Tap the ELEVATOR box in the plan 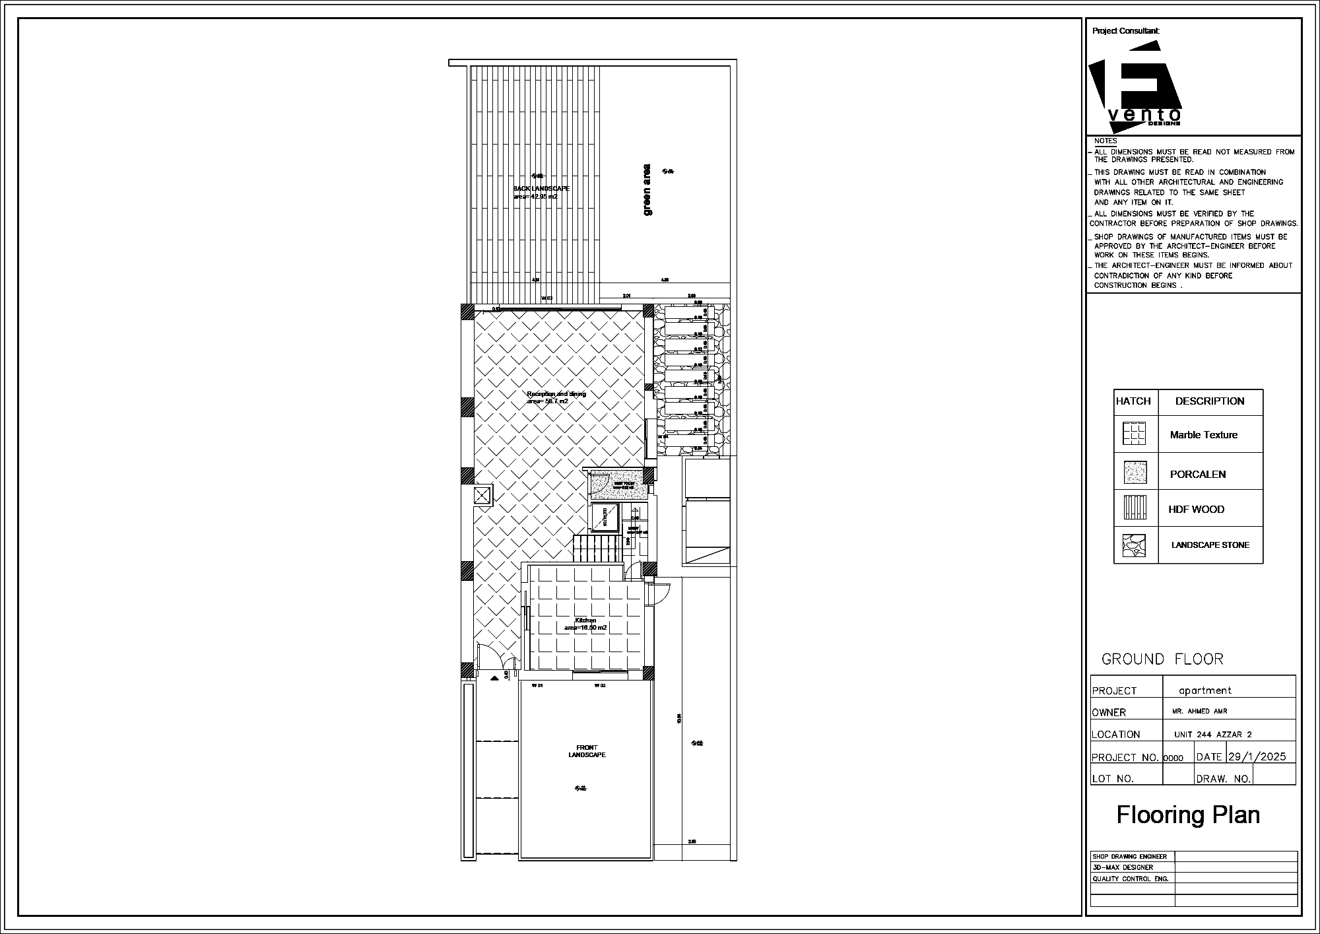pyautogui.click(x=604, y=516)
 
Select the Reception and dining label pyautogui.click(x=556, y=394)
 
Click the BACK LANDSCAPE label pyautogui.click(x=541, y=189)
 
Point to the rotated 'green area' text pyautogui.click(x=647, y=189)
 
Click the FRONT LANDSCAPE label pyautogui.click(x=586, y=751)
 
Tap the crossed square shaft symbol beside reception pyautogui.click(x=482, y=495)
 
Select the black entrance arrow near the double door pyautogui.click(x=494, y=678)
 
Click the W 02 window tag pyautogui.click(x=600, y=686)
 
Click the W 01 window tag pyautogui.click(x=537, y=686)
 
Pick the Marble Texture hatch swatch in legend pyautogui.click(x=1135, y=434)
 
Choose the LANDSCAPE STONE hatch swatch pyautogui.click(x=1135, y=545)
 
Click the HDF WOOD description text pyautogui.click(x=1196, y=510)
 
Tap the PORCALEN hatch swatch pyautogui.click(x=1135, y=472)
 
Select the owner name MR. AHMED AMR pyautogui.click(x=1201, y=712)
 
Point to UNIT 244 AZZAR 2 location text pyautogui.click(x=1212, y=735)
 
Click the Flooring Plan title pyautogui.click(x=1188, y=815)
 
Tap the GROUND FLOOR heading pyautogui.click(x=1162, y=659)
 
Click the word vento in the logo pyautogui.click(x=1144, y=114)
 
